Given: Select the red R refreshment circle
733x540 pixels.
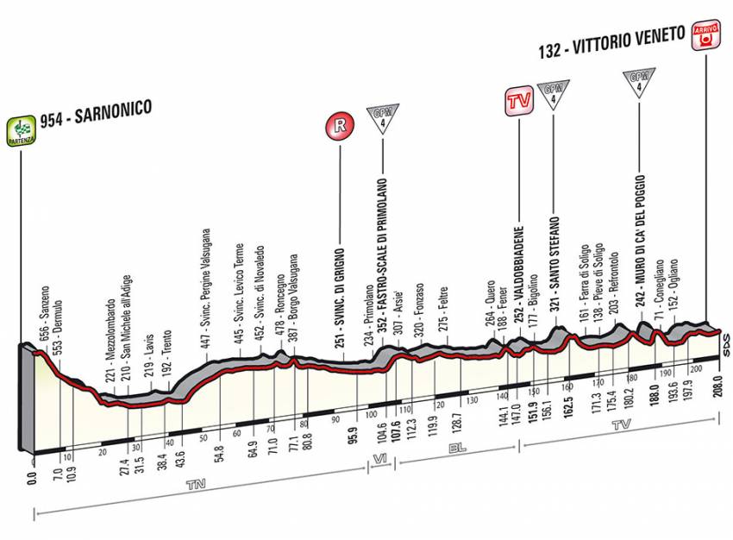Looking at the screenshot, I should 341,126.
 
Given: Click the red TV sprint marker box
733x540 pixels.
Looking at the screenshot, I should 517,102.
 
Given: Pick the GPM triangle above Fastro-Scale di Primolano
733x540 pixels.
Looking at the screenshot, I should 379,118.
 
